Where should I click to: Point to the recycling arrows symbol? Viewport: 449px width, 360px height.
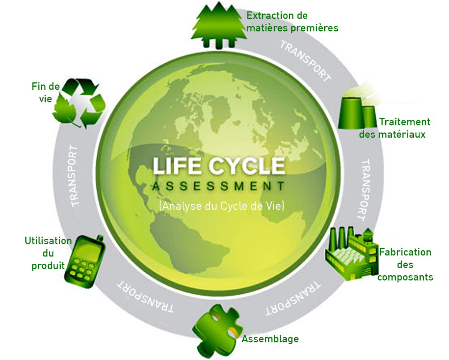[x=79, y=103]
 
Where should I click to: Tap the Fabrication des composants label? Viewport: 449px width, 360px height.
[x=405, y=265]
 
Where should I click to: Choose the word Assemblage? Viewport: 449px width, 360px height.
[x=270, y=339]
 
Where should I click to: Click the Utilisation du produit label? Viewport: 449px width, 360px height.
[x=48, y=253]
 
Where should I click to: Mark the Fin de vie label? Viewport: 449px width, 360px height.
[x=46, y=92]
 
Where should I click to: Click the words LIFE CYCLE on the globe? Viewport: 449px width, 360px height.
[x=219, y=166]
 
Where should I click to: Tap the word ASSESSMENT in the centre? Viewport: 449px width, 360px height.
[x=219, y=186]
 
